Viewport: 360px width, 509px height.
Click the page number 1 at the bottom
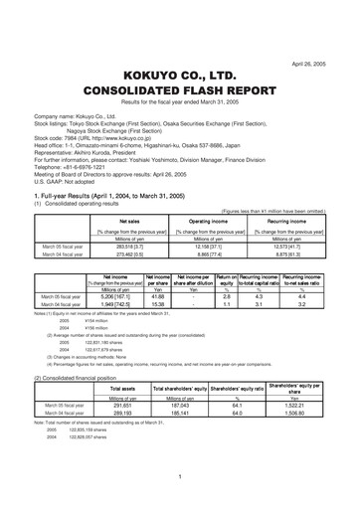pos(179,477)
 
